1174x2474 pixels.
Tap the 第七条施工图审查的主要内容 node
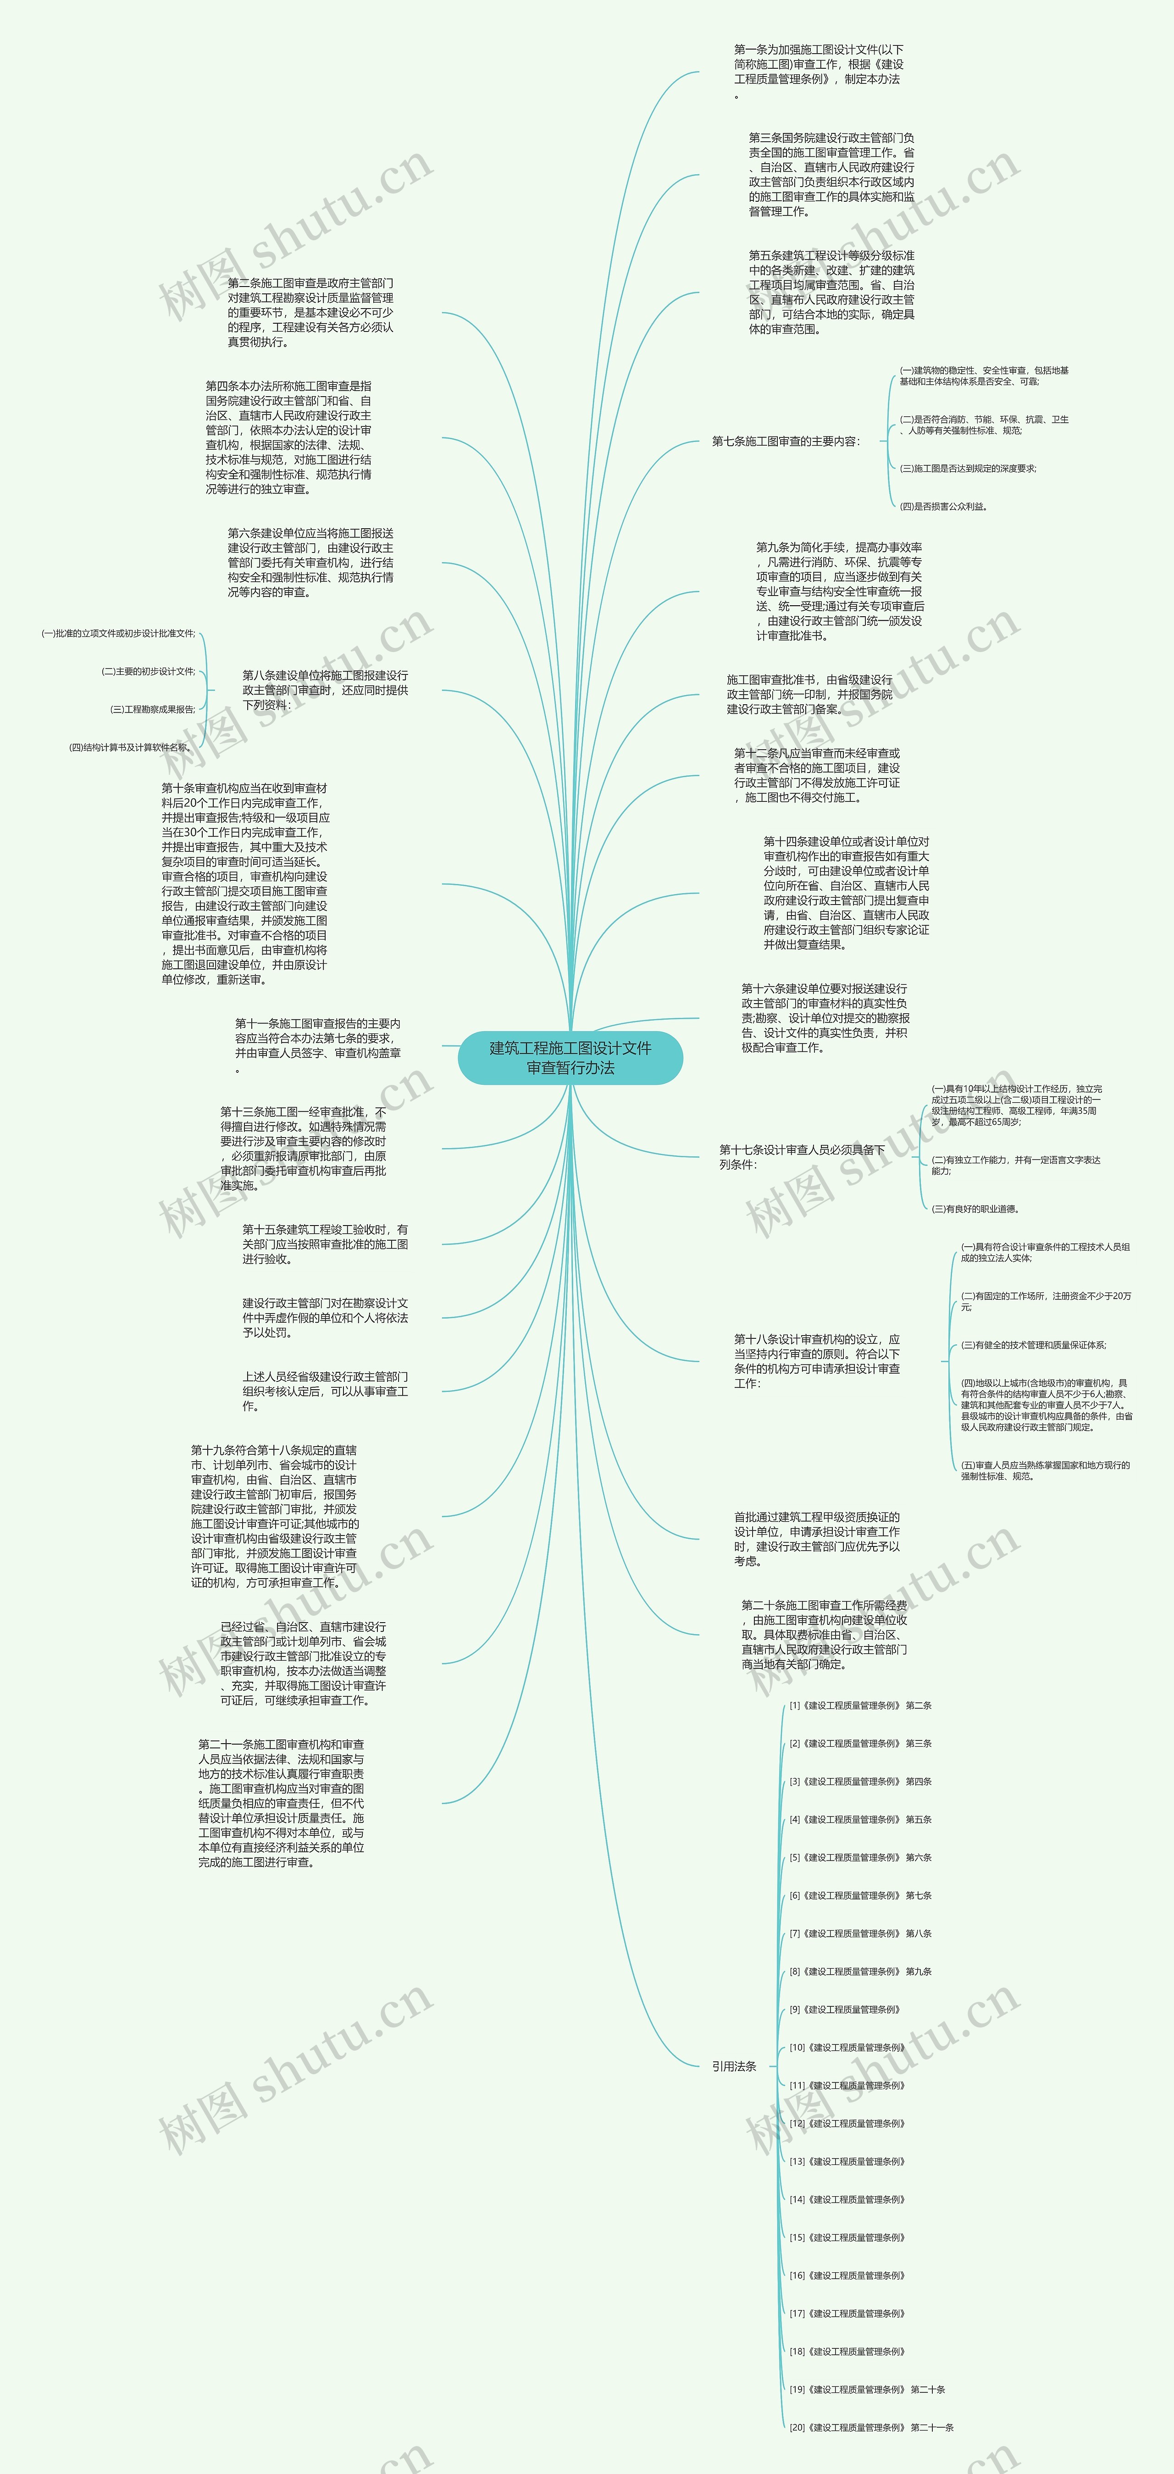(785, 442)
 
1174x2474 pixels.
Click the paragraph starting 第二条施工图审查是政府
(310, 313)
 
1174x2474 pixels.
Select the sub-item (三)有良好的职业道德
(975, 1209)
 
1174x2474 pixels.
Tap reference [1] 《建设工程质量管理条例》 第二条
(860, 1706)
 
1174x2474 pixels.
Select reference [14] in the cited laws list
(847, 2199)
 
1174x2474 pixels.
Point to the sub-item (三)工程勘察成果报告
(153, 710)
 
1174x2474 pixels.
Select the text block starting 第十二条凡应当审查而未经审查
(817, 775)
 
